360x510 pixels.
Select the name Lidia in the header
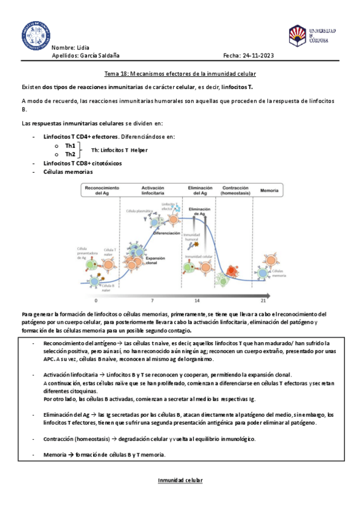pyautogui.click(x=85, y=47)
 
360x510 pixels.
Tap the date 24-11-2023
pyautogui.click(x=257, y=55)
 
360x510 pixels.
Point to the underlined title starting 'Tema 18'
pyautogui.click(x=180, y=73)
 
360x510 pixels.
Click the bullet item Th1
pyautogui.click(x=70, y=146)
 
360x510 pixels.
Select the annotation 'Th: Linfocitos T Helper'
pyautogui.click(x=119, y=150)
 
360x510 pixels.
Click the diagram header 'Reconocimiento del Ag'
pyautogui.click(x=100, y=190)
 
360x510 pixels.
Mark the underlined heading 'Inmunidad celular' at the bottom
pyautogui.click(x=180, y=481)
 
